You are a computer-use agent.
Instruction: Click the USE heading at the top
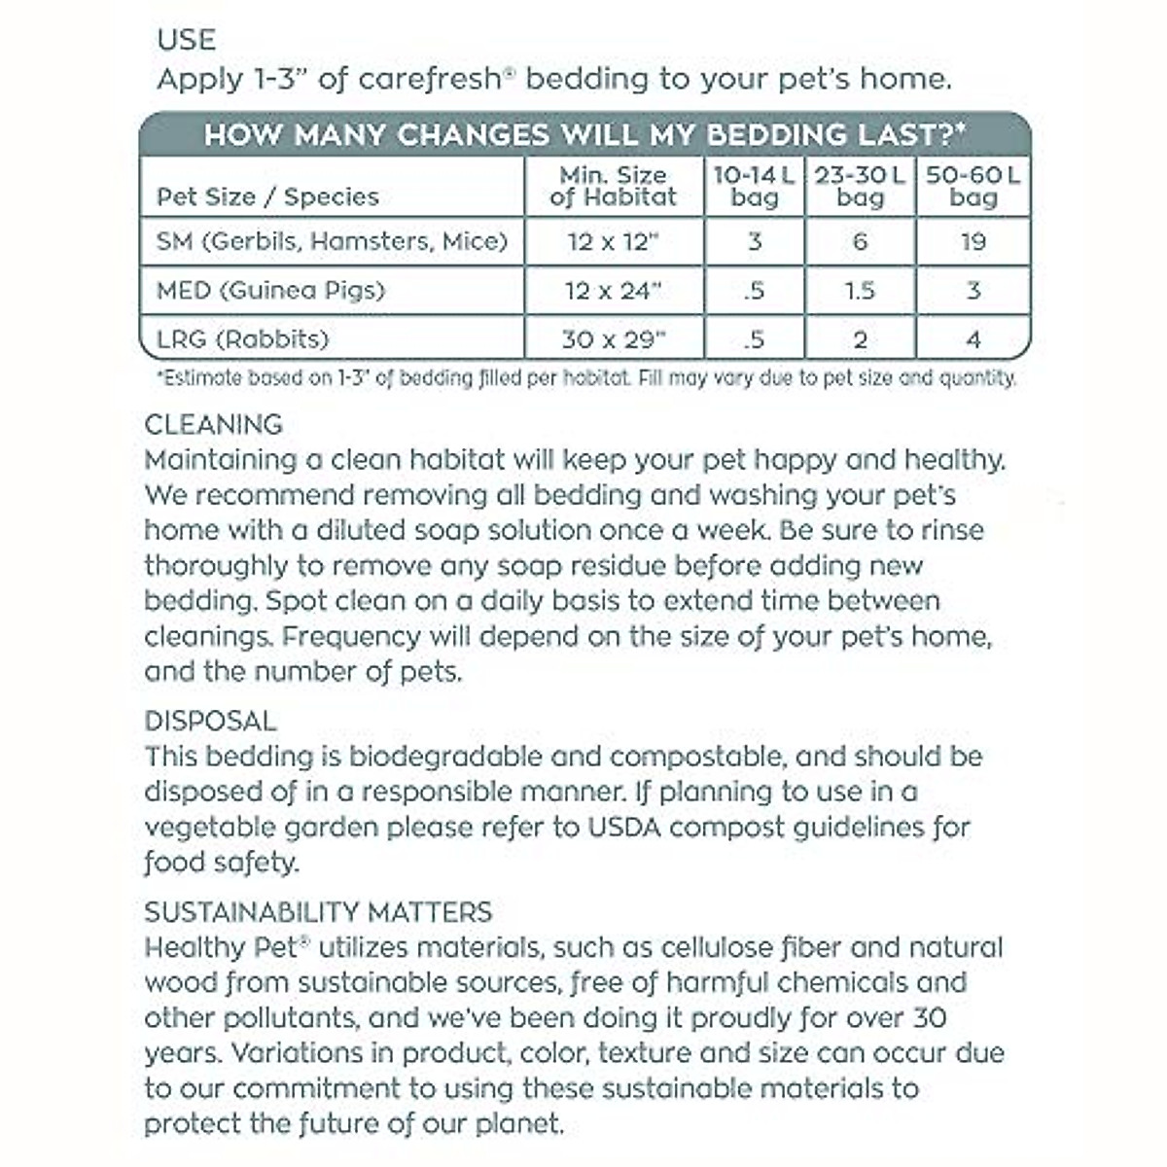point(186,40)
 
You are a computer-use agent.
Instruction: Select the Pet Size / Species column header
point(267,197)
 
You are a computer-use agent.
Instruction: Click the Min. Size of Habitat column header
point(613,187)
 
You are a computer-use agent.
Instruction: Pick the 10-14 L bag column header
point(755,187)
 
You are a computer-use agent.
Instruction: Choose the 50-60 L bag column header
point(973,187)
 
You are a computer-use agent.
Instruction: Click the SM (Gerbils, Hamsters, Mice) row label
point(333,241)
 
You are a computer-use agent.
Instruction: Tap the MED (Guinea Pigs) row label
point(271,290)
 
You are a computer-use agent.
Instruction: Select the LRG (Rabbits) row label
point(243,339)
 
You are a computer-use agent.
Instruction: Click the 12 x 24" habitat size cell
point(613,290)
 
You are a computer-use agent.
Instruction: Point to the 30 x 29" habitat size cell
point(613,339)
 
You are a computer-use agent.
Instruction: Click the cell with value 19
point(973,241)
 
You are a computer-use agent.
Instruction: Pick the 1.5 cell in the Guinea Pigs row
point(860,290)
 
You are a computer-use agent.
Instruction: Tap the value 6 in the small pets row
point(860,241)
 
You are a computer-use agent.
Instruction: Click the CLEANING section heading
point(213,425)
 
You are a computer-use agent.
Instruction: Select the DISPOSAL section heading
point(210,722)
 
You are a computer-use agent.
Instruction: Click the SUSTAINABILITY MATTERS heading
point(318,912)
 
